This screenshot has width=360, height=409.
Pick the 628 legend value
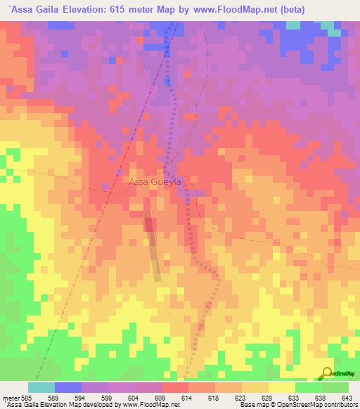(x=268, y=398)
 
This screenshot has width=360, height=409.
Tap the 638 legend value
(x=321, y=398)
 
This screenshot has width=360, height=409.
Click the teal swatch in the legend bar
(x=41, y=388)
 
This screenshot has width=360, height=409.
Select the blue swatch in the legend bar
(x=68, y=388)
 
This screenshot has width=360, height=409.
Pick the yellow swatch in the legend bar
(x=281, y=388)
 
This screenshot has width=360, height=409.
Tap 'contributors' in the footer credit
(x=339, y=405)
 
